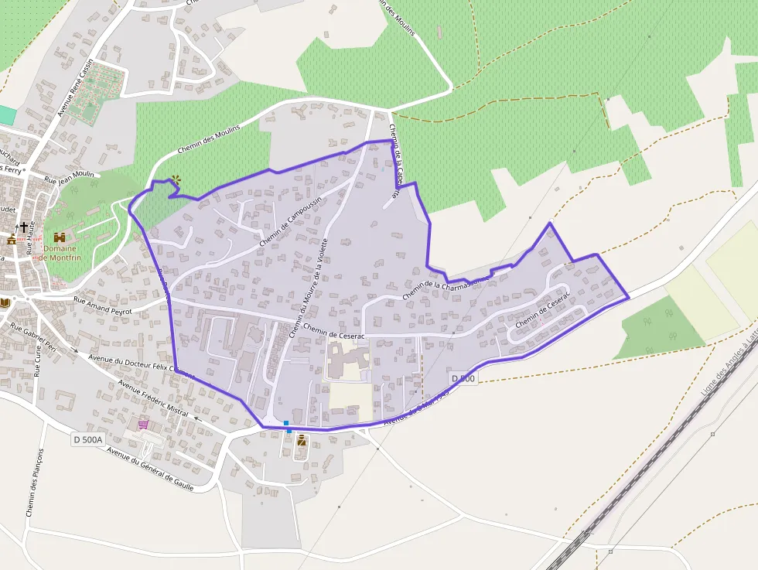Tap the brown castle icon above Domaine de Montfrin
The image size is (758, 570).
point(60,237)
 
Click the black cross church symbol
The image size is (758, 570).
point(24,227)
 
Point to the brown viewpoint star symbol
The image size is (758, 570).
point(176,180)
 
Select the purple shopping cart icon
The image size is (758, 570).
point(143,424)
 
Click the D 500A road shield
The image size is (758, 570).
point(87,439)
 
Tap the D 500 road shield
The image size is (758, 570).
point(464,378)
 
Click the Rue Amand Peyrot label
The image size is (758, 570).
point(103,305)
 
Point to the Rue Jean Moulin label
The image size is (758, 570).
point(69,178)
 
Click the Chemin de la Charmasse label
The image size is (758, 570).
point(446,287)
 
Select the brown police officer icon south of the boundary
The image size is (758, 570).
point(302,441)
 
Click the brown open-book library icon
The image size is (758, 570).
point(5,302)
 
